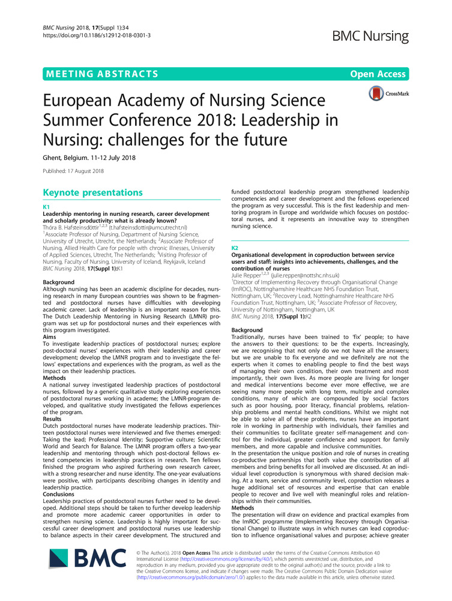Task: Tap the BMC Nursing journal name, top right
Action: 370,35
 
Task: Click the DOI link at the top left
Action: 97,35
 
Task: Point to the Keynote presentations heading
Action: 93,192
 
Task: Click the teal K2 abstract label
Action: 235,247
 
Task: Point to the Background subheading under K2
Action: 247,330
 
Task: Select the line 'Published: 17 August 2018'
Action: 73,171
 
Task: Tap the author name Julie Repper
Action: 249,275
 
